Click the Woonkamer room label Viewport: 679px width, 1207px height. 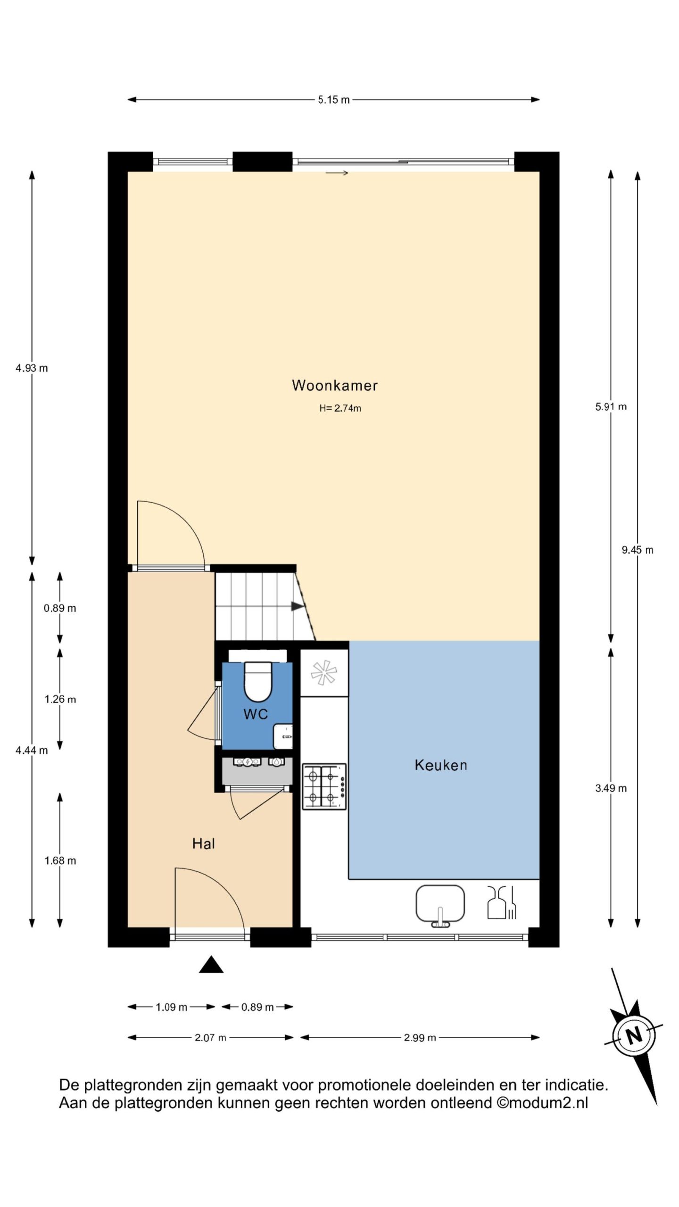pyautogui.click(x=335, y=385)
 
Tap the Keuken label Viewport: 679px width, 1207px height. pyautogui.click(x=441, y=765)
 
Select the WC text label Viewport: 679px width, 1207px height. pyautogui.click(x=256, y=714)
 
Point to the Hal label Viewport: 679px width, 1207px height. pyautogui.click(x=204, y=843)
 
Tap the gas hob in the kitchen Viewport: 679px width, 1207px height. pyautogui.click(x=324, y=786)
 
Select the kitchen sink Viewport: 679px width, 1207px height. pyautogui.click(x=440, y=905)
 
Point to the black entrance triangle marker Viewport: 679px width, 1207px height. pyautogui.click(x=211, y=964)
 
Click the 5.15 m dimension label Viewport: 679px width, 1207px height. pyautogui.click(x=334, y=99)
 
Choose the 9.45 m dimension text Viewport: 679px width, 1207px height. pyautogui.click(x=638, y=550)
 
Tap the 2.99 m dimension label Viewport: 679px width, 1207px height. pyautogui.click(x=420, y=1037)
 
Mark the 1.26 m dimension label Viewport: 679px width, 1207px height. pyautogui.click(x=60, y=699)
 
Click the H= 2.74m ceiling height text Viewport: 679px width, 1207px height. pyautogui.click(x=340, y=408)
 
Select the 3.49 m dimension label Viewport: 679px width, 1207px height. pyautogui.click(x=611, y=788)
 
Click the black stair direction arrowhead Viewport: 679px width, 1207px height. pyautogui.click(x=297, y=606)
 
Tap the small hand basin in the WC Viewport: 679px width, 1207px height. pyautogui.click(x=283, y=736)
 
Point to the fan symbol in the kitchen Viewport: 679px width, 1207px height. pyautogui.click(x=324, y=672)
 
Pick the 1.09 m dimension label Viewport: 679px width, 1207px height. pyautogui.click(x=172, y=1007)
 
